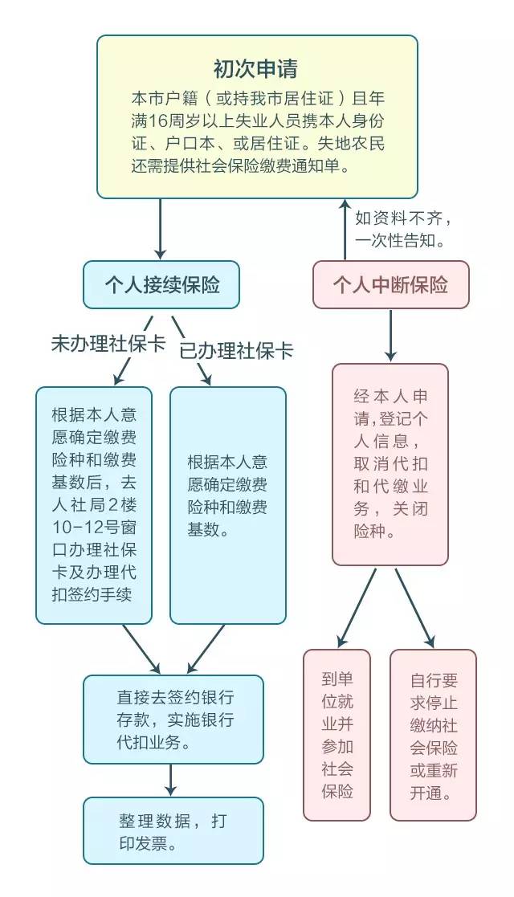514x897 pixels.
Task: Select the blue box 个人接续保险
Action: (161, 284)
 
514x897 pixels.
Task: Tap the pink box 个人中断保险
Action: (390, 284)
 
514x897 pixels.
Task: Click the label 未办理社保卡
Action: (108, 344)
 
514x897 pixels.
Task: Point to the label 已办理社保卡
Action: (235, 351)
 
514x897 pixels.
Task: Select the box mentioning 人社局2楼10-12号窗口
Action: (93, 504)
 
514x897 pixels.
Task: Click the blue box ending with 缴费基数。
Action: (228, 504)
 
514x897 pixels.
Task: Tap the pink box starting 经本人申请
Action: (390, 463)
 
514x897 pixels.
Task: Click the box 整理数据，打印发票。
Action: (173, 830)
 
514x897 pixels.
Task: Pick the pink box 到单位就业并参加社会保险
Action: (337, 734)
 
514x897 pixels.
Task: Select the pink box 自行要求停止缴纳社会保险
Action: (433, 734)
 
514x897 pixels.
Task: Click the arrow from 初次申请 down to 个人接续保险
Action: (161, 229)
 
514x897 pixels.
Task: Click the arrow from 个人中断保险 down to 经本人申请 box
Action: (390, 335)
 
